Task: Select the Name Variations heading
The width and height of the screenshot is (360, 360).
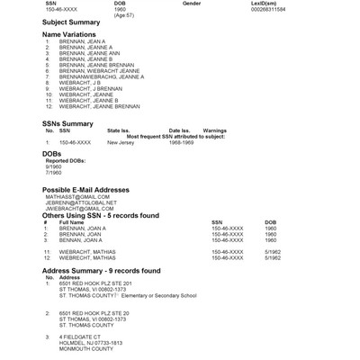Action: [69, 34]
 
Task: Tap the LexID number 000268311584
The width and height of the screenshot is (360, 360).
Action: [312, 9]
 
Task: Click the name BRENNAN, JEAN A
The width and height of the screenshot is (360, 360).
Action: [82, 41]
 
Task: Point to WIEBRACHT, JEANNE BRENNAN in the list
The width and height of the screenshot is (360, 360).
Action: [99, 106]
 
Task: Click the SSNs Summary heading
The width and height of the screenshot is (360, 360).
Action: [67, 123]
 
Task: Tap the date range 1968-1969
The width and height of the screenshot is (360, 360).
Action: [182, 142]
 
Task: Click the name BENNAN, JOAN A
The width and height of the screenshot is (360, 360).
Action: [83, 240]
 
